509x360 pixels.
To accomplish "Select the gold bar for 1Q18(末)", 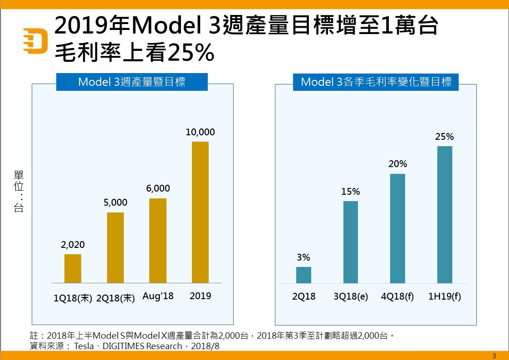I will point(73,268).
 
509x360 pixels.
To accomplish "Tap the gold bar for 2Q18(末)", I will point(115,247).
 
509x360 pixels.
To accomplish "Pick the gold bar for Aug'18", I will point(158,241).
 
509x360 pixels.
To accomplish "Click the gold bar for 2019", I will point(200,212).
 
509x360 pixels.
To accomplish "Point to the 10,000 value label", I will point(200,132).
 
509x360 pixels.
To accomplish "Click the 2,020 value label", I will point(73,245).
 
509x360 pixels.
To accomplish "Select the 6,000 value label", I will point(158,188).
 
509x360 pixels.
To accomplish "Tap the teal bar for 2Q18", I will point(303,275).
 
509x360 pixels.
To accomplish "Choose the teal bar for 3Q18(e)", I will point(351,242).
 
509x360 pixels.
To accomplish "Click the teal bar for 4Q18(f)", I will point(397,228).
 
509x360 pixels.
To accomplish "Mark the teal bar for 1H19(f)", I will point(445,215).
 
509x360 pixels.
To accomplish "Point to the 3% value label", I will point(303,257).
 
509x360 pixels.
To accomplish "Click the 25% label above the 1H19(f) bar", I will point(445,136).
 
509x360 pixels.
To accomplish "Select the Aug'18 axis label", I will point(158,296).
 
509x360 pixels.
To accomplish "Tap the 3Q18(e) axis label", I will point(351,296).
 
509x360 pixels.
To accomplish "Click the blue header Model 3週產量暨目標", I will point(132,82).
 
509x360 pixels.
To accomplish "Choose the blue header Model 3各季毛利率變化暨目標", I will point(376,82).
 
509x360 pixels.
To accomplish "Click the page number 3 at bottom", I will point(494,355).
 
